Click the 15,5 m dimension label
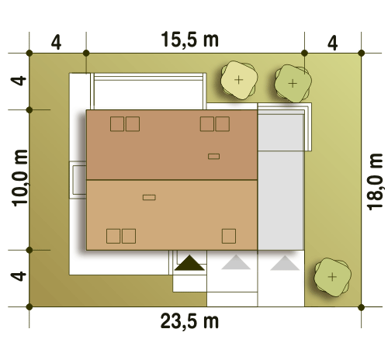coord(190,40)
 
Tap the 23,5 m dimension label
coord(189,320)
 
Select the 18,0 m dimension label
coord(375,182)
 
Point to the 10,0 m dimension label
coord(20,178)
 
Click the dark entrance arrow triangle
coord(189,263)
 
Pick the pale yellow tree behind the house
coord(239,80)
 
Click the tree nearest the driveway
coord(332,277)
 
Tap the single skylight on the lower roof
coord(229,236)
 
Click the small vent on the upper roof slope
coord(214,156)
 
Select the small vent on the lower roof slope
coord(149,198)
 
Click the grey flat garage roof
coord(281,181)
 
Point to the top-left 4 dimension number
coord(56,43)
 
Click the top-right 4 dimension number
coord(332,43)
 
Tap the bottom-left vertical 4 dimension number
coord(19,276)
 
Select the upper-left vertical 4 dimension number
coord(19,81)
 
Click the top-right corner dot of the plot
coord(362,54)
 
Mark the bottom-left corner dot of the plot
coord(29,307)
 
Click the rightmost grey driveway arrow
coord(285,263)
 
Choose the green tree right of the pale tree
coord(293,84)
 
